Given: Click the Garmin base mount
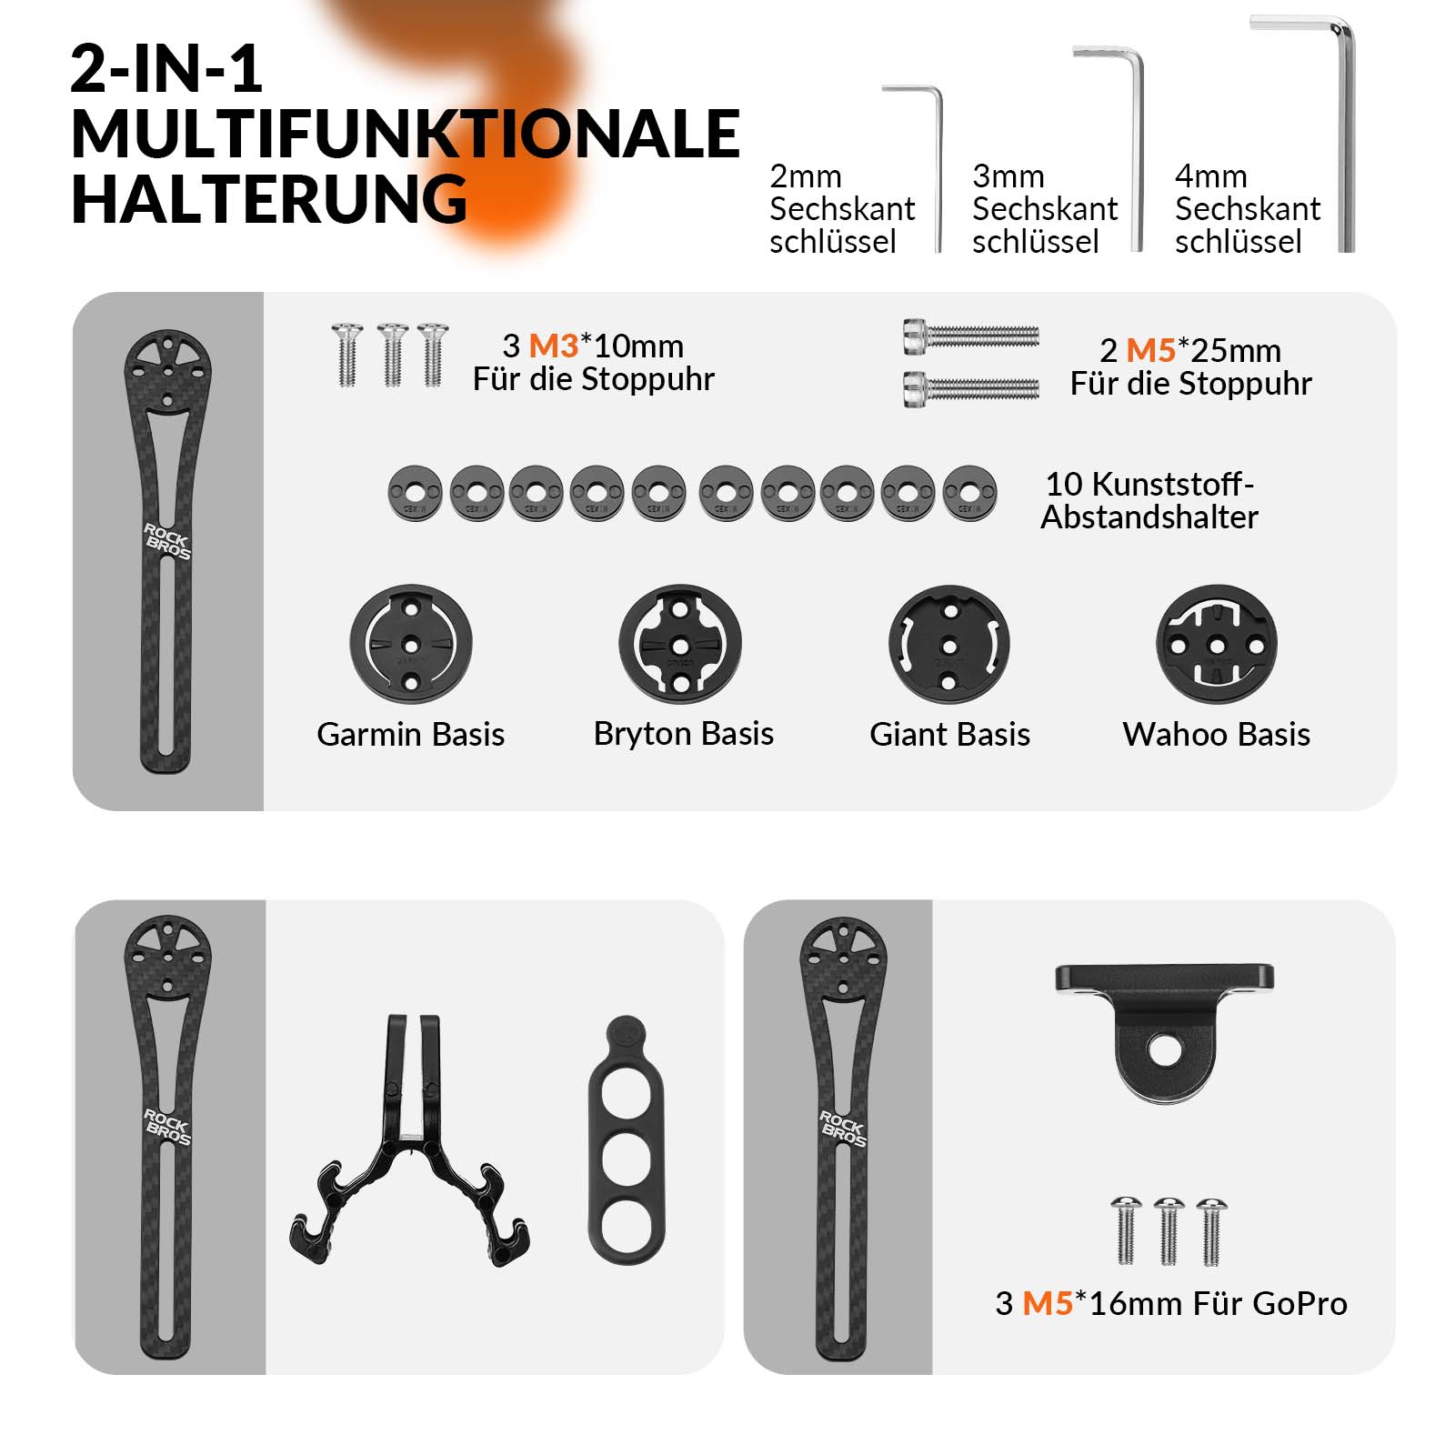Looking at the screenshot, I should coord(411,644).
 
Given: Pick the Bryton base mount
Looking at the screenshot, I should coord(680,644).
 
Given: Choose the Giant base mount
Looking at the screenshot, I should coord(949,644).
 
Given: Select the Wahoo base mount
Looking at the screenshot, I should coord(1217,644).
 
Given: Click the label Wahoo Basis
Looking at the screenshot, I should coord(1217,734).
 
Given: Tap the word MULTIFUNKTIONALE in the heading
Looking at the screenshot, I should coord(406,135).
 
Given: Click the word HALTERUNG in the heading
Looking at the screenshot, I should coord(269,200).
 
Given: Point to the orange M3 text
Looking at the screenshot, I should coord(554,346).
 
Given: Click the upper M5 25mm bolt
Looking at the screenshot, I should coord(971,335).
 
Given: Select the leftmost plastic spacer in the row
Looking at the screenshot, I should coord(415,494).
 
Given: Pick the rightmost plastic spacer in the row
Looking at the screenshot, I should coord(969,494).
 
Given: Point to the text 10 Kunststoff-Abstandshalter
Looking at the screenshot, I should coord(1149,500).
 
